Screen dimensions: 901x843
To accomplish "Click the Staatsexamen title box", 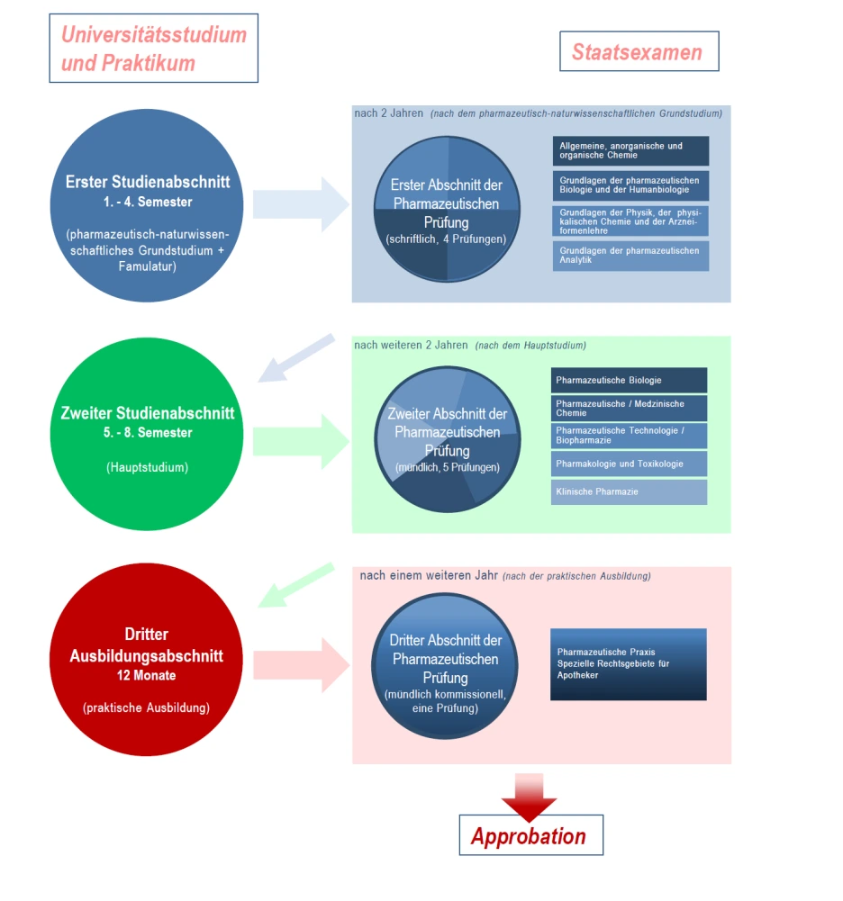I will point(639,52).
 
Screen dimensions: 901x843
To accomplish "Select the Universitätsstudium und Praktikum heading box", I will point(153,49).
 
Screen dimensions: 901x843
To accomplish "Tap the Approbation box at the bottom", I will point(530,835).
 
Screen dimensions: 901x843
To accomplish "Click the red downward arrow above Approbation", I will point(530,794).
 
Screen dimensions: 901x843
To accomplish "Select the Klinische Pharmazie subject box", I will point(629,492).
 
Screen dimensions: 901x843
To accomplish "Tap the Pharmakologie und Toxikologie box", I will point(629,464).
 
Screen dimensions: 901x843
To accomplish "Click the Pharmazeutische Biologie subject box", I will point(629,380).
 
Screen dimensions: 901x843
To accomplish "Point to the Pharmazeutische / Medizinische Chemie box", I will point(629,408).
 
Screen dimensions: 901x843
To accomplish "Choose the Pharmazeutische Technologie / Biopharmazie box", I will point(629,436).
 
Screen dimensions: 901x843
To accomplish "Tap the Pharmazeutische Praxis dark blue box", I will point(628,664).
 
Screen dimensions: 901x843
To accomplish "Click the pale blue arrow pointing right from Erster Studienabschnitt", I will point(300,204).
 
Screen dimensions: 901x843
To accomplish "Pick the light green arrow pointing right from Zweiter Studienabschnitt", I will point(300,441).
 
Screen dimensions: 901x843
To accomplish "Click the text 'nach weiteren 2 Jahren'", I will point(411,345).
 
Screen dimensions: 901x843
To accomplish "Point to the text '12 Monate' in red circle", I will point(146,674).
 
